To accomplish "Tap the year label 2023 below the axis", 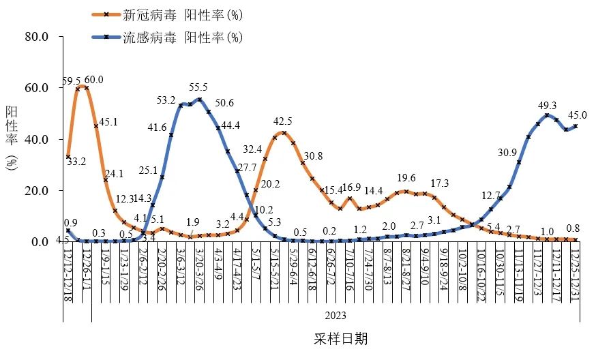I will pyautogui.click(x=335, y=315).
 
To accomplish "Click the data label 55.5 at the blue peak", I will pyautogui.click(x=198, y=88).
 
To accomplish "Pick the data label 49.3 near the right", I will pyautogui.click(x=548, y=105).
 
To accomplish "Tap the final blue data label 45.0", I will pyautogui.click(x=578, y=115).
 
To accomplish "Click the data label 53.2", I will pyautogui.click(x=166, y=100).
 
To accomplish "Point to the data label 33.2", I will pyautogui.click(x=76, y=162).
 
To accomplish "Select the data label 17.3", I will pyautogui.click(x=440, y=183).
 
